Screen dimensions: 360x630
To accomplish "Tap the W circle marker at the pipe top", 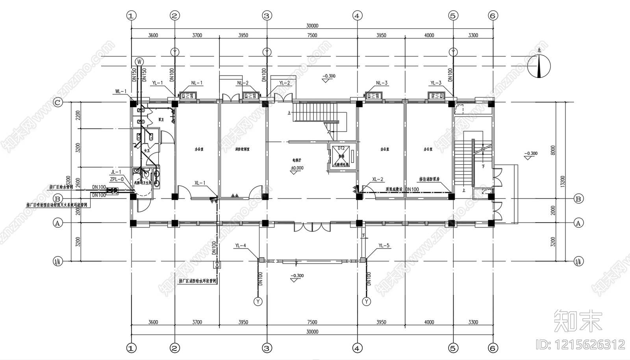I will (139, 61).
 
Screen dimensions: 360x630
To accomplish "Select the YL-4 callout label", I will (241, 246).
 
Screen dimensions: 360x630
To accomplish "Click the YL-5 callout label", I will (384, 246).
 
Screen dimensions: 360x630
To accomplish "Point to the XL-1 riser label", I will (200, 183).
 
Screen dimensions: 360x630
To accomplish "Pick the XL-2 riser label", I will (378, 179).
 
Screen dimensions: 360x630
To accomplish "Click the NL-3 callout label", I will (382, 83).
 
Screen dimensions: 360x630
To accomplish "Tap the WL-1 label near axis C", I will (120, 91).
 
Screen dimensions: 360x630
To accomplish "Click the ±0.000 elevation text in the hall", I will (297, 168).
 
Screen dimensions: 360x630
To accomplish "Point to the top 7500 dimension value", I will (312, 35).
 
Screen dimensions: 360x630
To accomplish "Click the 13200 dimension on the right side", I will (563, 181).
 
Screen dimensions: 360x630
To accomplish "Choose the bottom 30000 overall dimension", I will (312, 332).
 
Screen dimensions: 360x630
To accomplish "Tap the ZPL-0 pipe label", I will (117, 179).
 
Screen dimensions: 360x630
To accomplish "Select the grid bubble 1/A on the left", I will (57, 261).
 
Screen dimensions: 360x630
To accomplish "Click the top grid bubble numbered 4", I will (357, 16).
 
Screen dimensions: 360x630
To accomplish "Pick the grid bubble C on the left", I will (57, 103).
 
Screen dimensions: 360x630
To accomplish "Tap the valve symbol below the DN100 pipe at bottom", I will (217, 265).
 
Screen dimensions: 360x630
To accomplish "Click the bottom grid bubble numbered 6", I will (493, 348).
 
